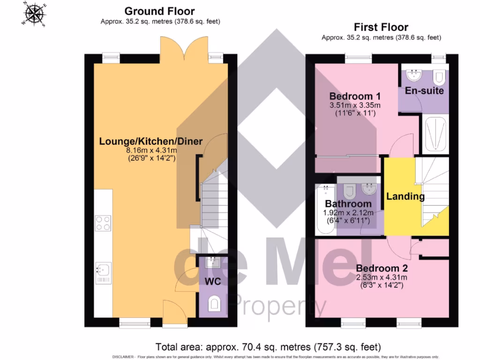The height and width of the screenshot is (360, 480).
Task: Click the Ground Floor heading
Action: (x=159, y=11)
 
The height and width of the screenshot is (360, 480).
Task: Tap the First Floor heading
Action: (x=381, y=27)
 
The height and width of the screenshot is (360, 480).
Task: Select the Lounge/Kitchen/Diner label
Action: (x=150, y=141)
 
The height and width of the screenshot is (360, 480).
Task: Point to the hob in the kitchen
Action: (x=103, y=223)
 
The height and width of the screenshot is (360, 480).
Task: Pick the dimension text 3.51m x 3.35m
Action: (x=355, y=105)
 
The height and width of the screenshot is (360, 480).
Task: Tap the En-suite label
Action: (x=424, y=90)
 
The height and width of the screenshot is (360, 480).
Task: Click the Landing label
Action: (x=405, y=196)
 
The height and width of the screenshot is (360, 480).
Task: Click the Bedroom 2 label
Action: (x=382, y=269)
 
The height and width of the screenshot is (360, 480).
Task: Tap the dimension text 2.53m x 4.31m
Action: (x=382, y=277)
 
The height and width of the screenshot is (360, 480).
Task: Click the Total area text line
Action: (x=268, y=347)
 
